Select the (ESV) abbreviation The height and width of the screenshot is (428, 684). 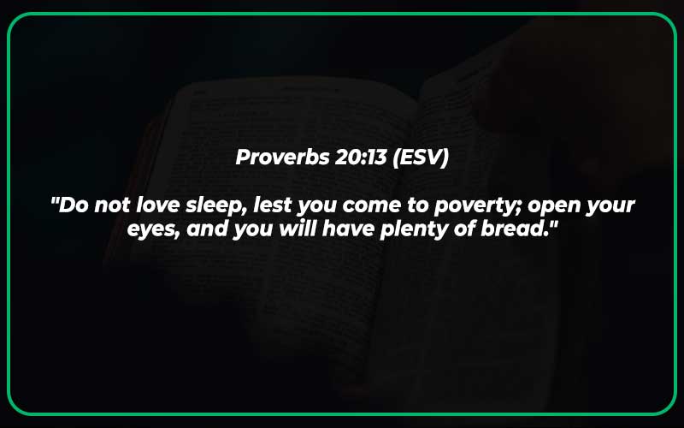419,158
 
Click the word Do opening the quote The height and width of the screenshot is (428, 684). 69,206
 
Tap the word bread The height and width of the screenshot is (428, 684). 482,230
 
